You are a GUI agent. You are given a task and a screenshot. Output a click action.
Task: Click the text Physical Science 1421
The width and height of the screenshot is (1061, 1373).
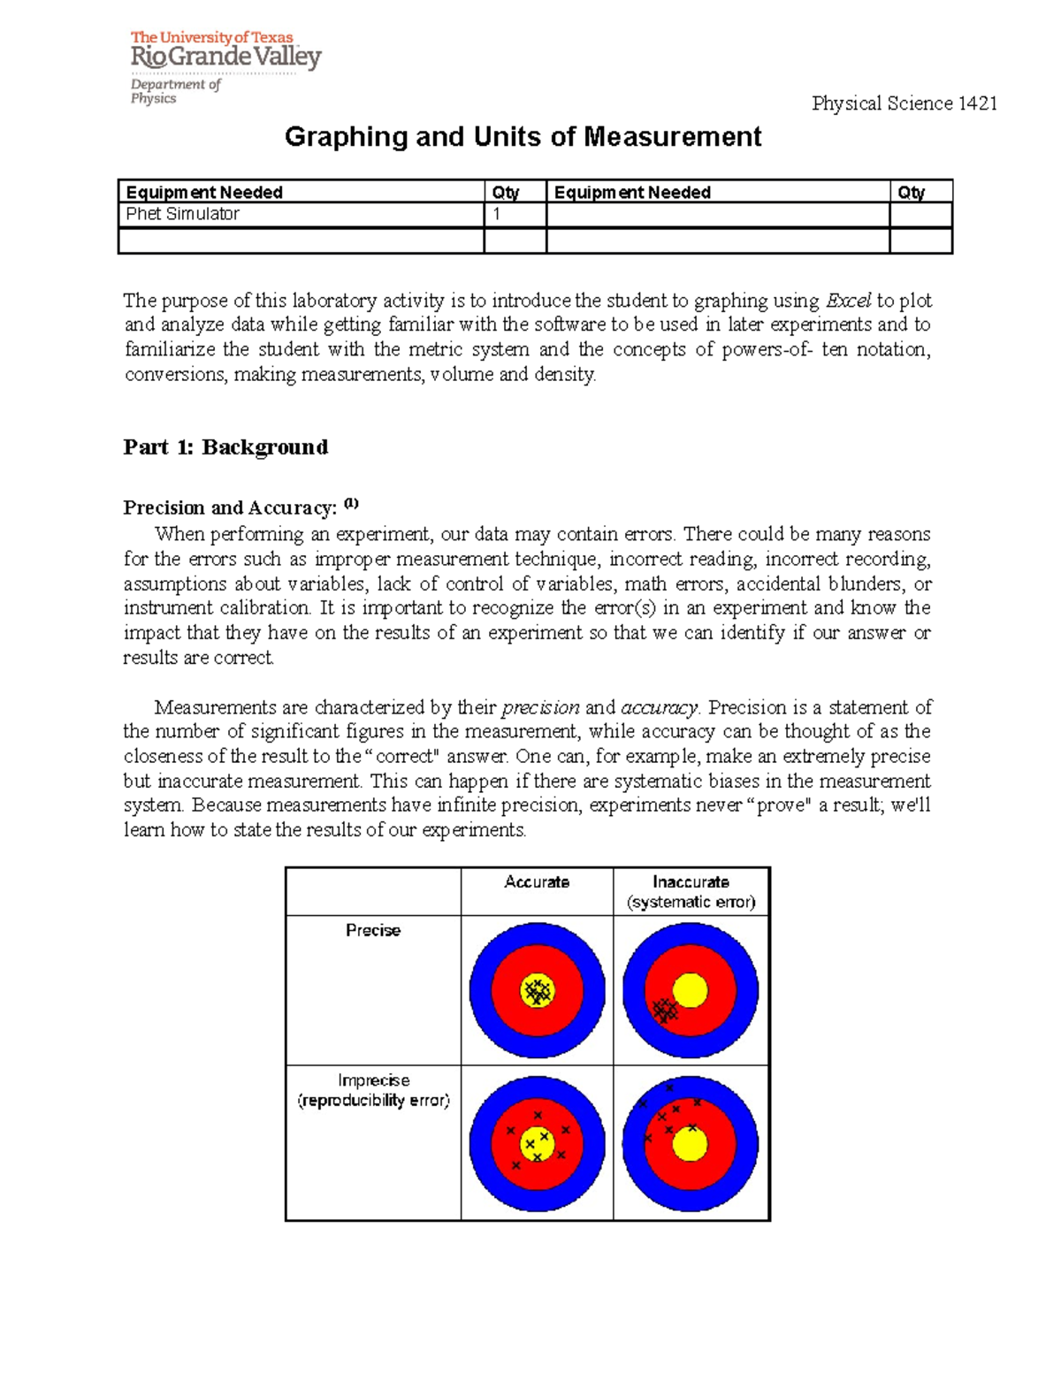[904, 103]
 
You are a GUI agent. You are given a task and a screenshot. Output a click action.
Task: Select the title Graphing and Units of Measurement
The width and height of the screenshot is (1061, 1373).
[523, 137]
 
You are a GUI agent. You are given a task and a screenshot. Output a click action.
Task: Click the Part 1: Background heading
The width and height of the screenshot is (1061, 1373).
[225, 447]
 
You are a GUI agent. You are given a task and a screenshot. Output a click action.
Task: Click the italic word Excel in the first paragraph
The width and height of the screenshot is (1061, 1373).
[848, 301]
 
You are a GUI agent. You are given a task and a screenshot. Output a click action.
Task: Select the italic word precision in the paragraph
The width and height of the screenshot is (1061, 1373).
[540, 707]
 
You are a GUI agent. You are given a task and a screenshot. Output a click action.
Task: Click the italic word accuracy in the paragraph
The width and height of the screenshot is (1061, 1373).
[659, 707]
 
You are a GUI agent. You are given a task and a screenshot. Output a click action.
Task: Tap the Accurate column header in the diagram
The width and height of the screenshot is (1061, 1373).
[537, 882]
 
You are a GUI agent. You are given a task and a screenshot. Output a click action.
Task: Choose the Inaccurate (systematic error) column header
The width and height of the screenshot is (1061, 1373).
[691, 892]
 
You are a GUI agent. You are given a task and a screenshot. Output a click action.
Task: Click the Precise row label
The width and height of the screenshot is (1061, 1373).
[373, 930]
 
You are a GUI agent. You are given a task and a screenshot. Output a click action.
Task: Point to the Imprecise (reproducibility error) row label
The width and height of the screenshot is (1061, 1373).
[373, 1090]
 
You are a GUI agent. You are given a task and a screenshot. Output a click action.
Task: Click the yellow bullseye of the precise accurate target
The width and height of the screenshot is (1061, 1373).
[537, 991]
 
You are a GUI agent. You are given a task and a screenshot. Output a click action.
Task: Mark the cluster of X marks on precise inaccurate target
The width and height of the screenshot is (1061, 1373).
[665, 1010]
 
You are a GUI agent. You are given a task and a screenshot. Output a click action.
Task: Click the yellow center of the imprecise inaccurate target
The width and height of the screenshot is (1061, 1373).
[690, 1144]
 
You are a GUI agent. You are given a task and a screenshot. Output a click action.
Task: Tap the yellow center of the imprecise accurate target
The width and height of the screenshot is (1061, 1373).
[537, 1144]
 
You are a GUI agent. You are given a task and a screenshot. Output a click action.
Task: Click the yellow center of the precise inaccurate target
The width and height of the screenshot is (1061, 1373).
[690, 990]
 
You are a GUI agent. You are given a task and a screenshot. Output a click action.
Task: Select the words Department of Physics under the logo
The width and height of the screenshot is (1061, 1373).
[175, 91]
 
